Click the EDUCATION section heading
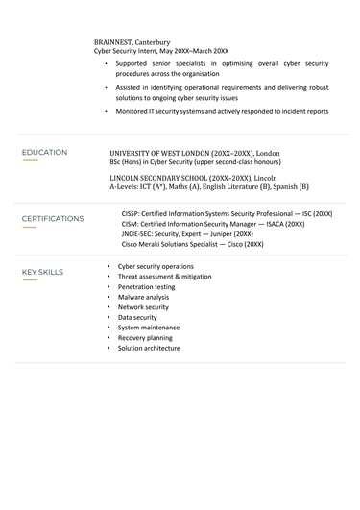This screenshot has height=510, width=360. [44, 152]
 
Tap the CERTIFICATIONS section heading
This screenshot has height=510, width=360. [53, 218]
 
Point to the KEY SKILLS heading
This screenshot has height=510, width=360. [42, 272]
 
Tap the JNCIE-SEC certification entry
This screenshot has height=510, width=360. [187, 233]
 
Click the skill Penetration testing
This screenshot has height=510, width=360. [146, 286]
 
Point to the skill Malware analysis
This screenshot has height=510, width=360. [143, 297]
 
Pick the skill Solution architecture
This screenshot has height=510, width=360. [149, 348]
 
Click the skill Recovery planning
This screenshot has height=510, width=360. [145, 338]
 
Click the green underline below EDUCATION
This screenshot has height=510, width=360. [30, 160]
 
